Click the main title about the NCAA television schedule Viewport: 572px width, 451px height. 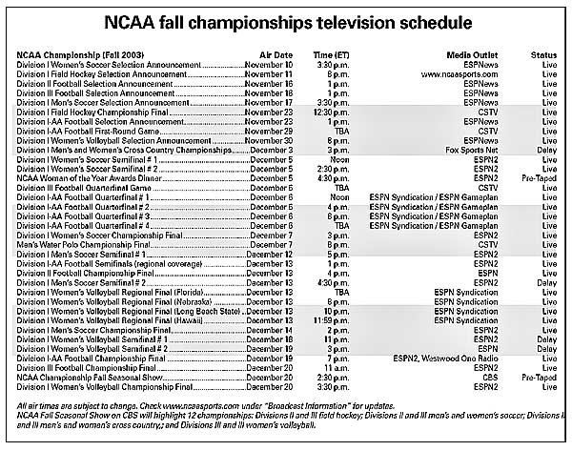click(x=286, y=20)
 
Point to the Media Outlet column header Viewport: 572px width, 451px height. click(x=472, y=55)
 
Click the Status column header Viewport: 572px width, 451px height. click(x=544, y=55)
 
